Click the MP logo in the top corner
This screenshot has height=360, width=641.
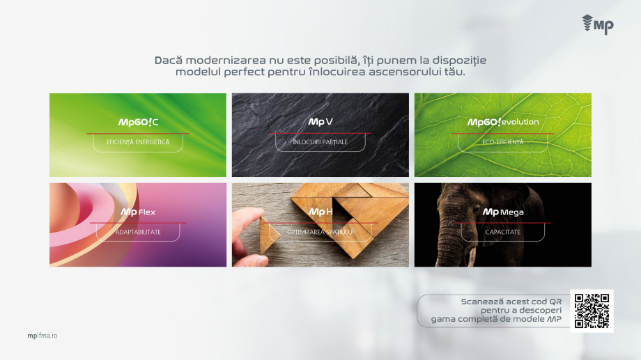coord(598,24)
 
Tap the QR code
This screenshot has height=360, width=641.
coord(592,311)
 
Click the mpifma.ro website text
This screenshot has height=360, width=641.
coord(43,336)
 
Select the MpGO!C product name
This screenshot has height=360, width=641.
coord(138,122)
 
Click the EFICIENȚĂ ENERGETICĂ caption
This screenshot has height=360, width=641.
coord(138,142)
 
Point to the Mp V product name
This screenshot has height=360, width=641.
coord(320,122)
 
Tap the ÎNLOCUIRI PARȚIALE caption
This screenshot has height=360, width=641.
coord(320,142)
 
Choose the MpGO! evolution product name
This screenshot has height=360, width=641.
coord(503,122)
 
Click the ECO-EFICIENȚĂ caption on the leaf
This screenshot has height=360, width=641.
coord(503,142)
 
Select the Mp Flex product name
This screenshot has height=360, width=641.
coord(138,212)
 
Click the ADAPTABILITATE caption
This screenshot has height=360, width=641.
coord(138,232)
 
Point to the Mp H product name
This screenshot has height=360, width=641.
coord(320,212)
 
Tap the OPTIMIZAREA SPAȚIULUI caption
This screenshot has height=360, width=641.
coord(320,232)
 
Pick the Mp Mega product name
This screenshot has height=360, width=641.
coord(503,212)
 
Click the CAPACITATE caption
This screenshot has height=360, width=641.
coord(503,232)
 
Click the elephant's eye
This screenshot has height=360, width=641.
coord(477,210)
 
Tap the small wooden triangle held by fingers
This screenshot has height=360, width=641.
coord(268,235)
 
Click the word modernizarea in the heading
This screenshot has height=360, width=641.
coord(226,61)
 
